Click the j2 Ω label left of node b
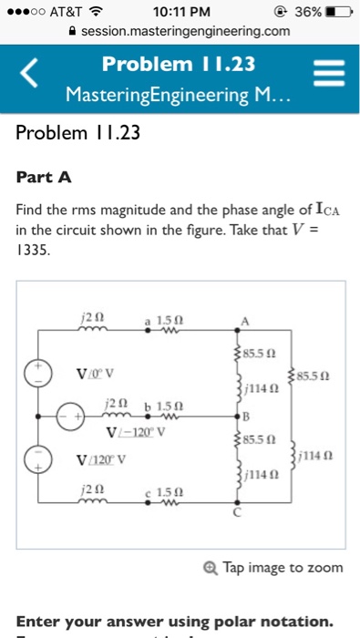pos(113,402)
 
